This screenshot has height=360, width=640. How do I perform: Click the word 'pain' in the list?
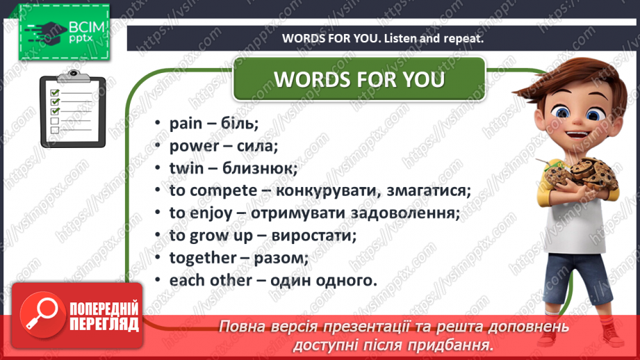point(185,124)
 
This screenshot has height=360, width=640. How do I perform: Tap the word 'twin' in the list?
point(185,168)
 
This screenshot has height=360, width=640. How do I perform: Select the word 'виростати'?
point(316,236)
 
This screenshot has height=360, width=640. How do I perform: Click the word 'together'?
point(203,258)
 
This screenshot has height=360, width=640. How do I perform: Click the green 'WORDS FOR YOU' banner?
point(359,79)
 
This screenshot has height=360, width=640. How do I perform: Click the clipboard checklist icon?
point(72,111)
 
